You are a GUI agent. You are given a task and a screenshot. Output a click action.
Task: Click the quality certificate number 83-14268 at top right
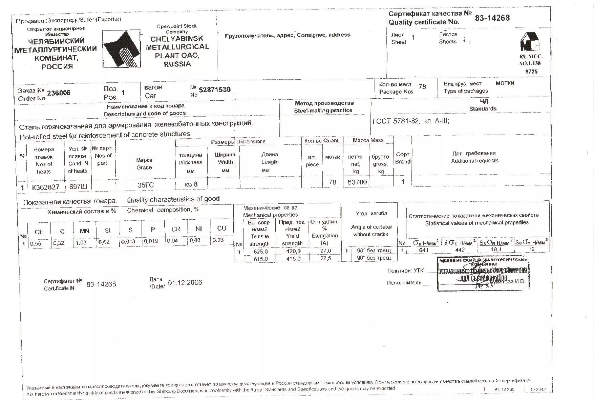(x=492, y=18)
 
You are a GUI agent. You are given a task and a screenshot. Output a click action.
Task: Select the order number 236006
(x=59, y=93)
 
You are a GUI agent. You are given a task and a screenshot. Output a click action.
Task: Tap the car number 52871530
(x=215, y=90)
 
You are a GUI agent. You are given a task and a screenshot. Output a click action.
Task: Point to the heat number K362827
(x=46, y=187)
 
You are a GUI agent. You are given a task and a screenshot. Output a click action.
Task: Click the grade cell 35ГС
(x=146, y=185)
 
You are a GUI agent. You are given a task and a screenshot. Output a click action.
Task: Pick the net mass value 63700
(x=357, y=182)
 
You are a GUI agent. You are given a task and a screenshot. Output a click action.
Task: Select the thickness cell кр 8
(x=191, y=184)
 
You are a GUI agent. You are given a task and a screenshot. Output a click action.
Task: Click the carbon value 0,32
(x=59, y=243)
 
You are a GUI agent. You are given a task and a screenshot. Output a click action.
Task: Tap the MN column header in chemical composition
(x=84, y=231)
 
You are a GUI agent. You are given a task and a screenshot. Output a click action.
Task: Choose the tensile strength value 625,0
(x=261, y=251)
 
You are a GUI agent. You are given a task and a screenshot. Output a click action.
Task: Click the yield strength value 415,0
(x=293, y=259)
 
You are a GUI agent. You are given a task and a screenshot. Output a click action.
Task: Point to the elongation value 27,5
(x=325, y=258)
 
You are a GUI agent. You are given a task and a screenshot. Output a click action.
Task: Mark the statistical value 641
(x=424, y=250)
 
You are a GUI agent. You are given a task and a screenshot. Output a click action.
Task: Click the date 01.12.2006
(x=185, y=282)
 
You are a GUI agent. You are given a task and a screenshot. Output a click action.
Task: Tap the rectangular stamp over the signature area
(x=483, y=274)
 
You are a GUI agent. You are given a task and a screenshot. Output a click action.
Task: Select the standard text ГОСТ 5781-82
(x=395, y=121)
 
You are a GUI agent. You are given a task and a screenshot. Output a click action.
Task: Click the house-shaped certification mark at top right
(x=530, y=42)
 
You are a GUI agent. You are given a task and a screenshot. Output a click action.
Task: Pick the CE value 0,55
(x=36, y=243)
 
